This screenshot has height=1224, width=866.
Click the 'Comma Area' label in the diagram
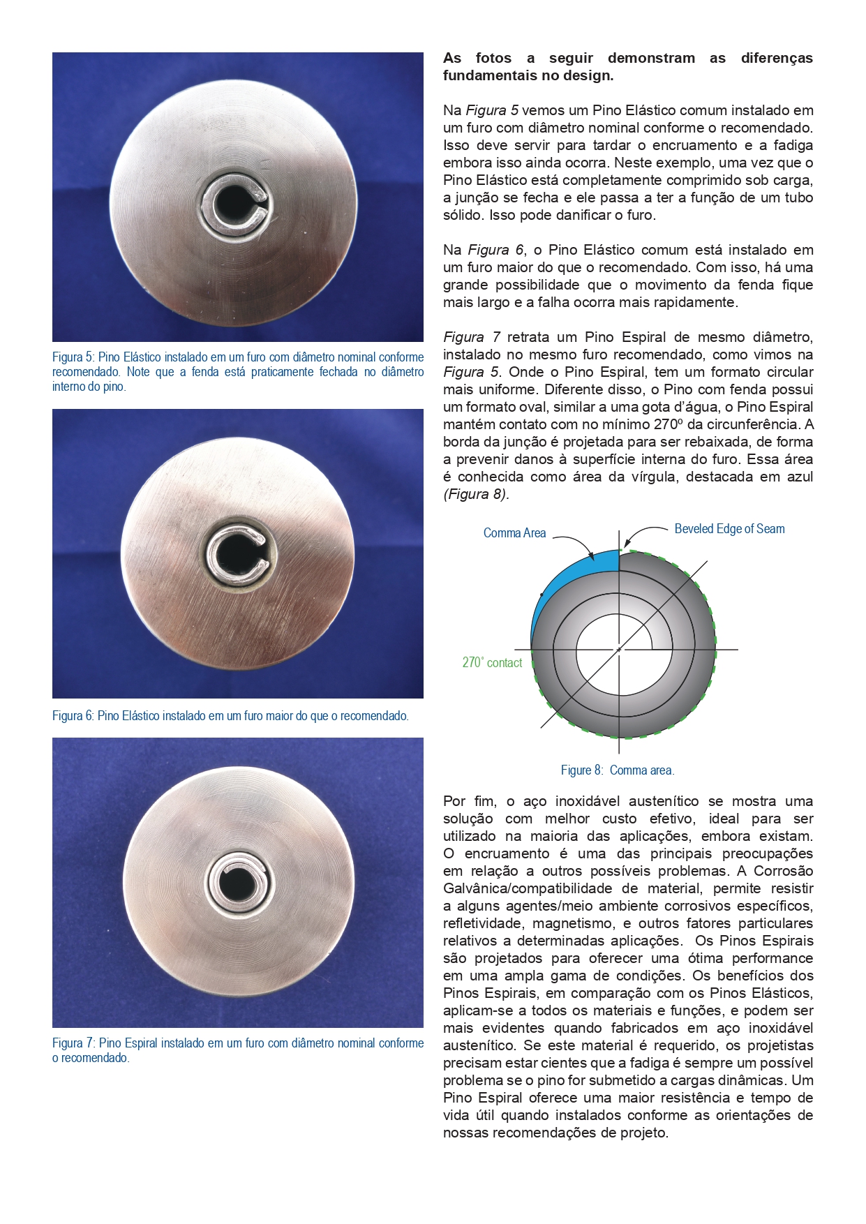(x=514, y=533)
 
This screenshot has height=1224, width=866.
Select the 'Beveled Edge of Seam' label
(x=729, y=529)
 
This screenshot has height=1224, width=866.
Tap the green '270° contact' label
(x=492, y=662)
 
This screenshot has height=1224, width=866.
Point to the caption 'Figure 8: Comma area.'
(x=618, y=770)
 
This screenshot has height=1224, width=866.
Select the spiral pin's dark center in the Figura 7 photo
(x=237, y=883)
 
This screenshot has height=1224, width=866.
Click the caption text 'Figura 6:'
(x=73, y=716)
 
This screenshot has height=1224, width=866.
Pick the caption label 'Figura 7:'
(x=73, y=1043)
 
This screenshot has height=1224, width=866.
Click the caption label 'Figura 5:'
(x=73, y=357)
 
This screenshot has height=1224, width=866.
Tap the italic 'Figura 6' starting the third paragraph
(x=495, y=250)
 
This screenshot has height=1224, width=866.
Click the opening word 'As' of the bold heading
(x=452, y=58)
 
